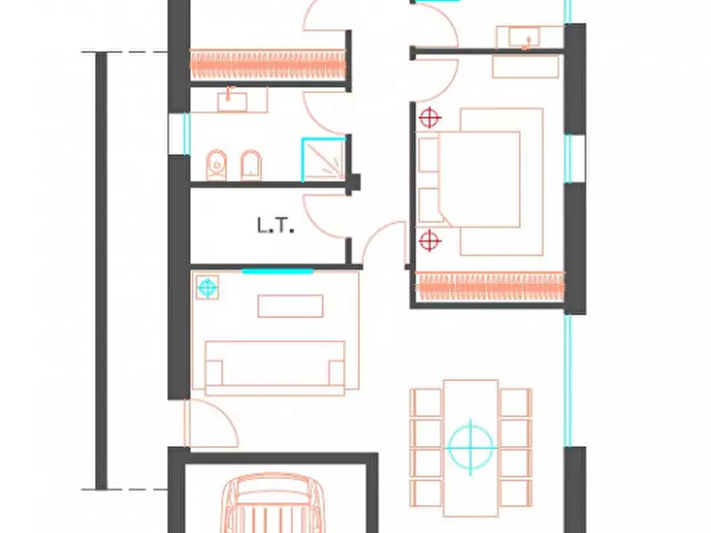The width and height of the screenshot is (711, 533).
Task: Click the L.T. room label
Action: (275, 226)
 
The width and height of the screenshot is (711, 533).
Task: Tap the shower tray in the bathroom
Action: (324, 160)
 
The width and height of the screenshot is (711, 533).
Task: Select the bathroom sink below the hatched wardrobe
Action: (232, 102)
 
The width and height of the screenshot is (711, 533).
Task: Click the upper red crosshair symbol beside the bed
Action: (430, 119)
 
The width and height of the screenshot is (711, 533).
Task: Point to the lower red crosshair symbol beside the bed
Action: (430, 240)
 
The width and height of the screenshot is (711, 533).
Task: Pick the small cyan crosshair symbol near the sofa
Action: (207, 287)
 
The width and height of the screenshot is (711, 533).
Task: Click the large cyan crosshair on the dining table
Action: (471, 447)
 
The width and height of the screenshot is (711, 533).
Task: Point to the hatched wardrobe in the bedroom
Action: (490, 286)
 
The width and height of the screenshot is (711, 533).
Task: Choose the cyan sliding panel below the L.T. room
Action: (277, 271)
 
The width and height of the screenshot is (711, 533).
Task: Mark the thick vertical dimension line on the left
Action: (102, 270)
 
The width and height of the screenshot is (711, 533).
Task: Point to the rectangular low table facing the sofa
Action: (290, 306)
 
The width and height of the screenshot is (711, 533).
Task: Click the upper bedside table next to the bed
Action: (428, 155)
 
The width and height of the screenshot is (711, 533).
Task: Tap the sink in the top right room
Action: (524, 37)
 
